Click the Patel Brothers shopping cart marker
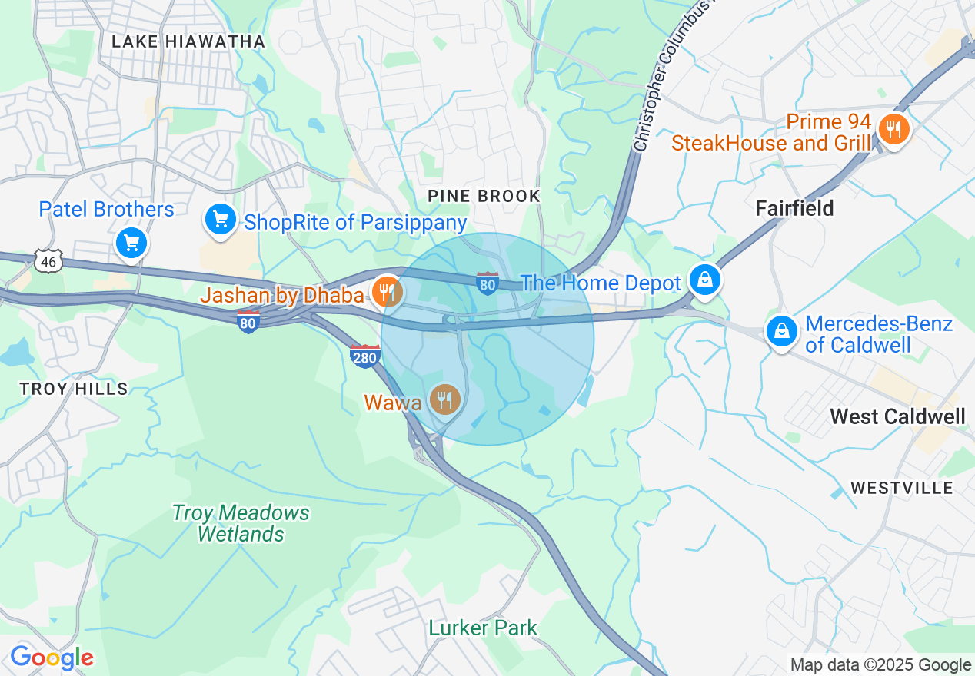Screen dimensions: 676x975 tap(131, 244)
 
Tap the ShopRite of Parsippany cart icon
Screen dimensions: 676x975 tap(221, 220)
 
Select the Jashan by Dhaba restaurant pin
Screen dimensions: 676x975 tap(388, 292)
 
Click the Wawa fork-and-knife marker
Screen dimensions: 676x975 tap(444, 399)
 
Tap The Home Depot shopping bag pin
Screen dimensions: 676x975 tap(704, 280)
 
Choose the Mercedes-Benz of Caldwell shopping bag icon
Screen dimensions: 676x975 tap(781, 331)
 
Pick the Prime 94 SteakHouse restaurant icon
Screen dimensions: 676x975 tap(893, 129)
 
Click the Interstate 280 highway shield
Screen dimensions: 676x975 tap(364, 356)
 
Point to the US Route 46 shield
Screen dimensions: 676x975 tap(48, 260)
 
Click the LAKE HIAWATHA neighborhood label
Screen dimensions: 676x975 tap(188, 41)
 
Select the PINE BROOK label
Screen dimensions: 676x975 tap(484, 197)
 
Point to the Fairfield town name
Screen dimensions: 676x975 tap(794, 208)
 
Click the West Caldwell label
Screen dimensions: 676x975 tap(897, 416)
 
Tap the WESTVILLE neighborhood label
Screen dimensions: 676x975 tap(901, 488)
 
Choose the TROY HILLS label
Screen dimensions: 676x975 tap(74, 389)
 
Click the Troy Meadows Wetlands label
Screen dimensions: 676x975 tap(241, 523)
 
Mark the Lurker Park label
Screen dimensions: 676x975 tap(483, 628)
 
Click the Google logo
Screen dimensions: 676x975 tap(52, 658)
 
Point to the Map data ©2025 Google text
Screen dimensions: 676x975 tap(880, 665)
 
